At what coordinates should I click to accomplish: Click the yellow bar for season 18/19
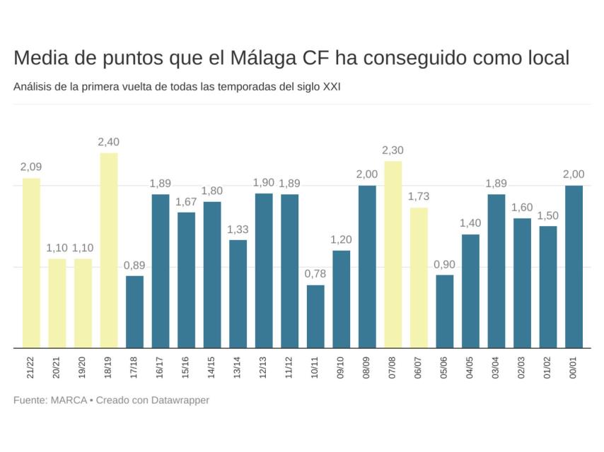click(x=109, y=251)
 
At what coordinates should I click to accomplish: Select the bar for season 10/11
click(x=315, y=316)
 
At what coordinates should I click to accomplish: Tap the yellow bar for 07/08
click(x=393, y=254)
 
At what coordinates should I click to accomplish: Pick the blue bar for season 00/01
click(x=574, y=267)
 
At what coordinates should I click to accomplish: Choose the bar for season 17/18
click(x=134, y=312)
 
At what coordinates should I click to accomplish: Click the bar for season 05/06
click(x=445, y=311)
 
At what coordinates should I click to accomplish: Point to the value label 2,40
click(x=109, y=142)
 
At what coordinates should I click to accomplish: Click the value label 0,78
click(x=315, y=274)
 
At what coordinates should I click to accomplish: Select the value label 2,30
click(x=393, y=150)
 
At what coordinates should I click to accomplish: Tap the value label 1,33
click(x=238, y=229)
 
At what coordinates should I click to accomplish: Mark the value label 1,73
click(x=419, y=196)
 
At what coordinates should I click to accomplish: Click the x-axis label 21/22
click(x=31, y=367)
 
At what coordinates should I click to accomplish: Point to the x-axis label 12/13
click(x=264, y=367)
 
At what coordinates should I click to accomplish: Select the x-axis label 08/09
click(x=367, y=367)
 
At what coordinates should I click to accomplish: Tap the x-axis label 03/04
click(x=496, y=367)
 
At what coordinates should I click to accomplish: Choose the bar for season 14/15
click(x=212, y=275)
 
